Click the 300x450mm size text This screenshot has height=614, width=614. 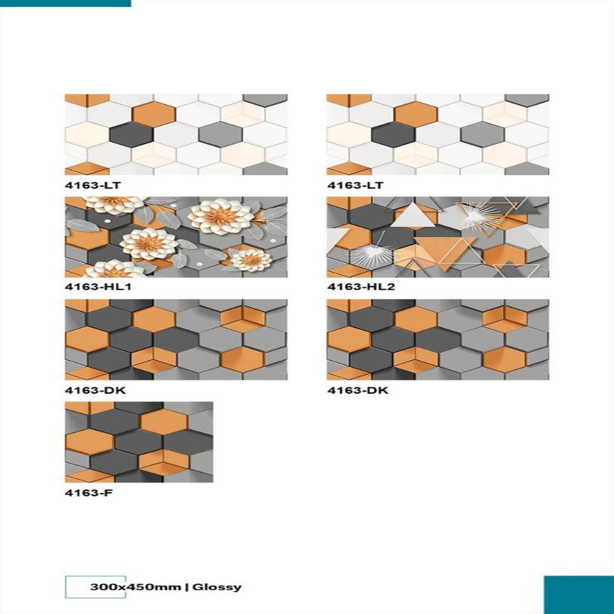[x=136, y=587]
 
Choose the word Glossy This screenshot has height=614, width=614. [x=217, y=587]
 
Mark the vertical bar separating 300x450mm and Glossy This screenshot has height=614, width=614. [x=187, y=587]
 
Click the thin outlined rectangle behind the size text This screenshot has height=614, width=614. [x=79, y=587]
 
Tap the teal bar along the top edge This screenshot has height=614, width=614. [x=65, y=3]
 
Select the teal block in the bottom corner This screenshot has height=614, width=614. [x=578, y=594]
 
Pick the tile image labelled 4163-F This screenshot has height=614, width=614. [x=139, y=441]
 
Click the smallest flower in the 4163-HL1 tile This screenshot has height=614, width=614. [x=251, y=260]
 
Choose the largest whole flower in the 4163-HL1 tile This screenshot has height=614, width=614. [x=220, y=216]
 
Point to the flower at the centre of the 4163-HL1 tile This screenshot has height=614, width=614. [x=148, y=243]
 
